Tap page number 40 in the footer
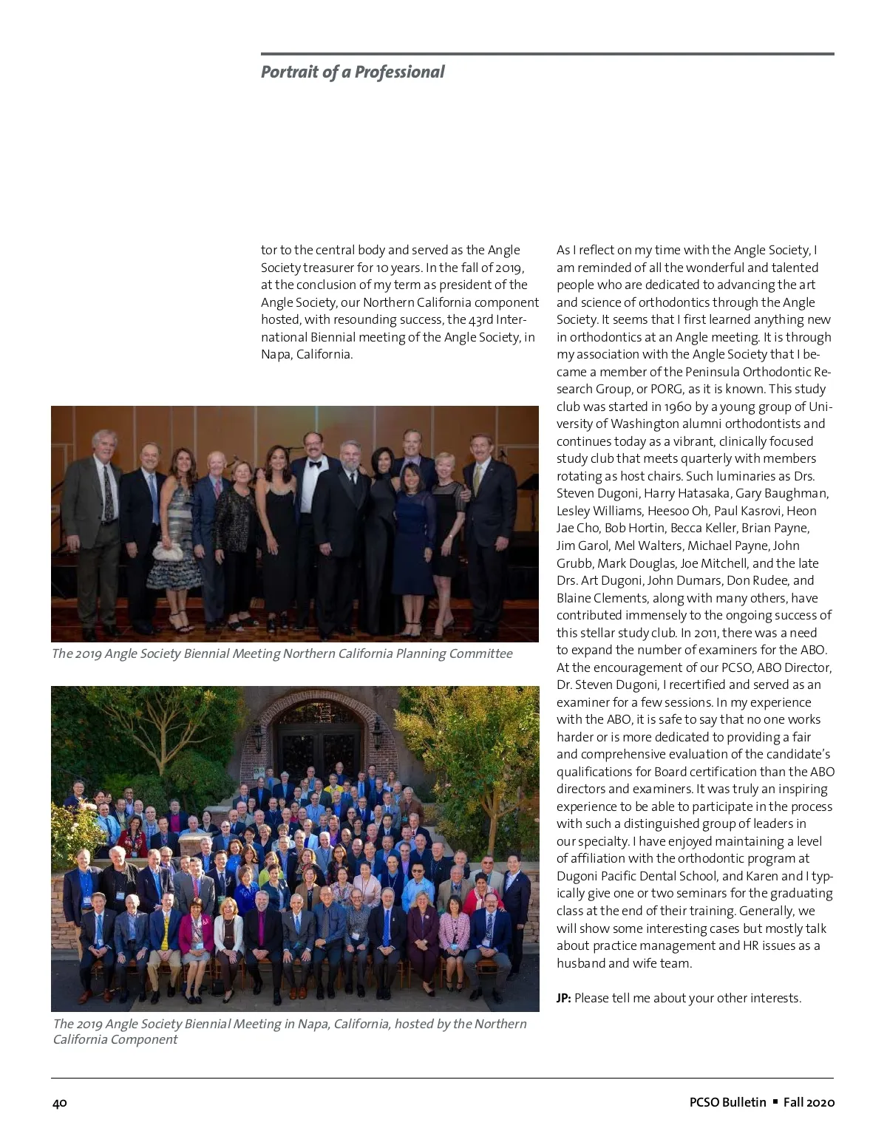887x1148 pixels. click(x=60, y=1102)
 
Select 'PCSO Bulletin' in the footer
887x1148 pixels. click(x=727, y=1102)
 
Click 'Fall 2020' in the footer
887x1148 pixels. click(x=809, y=1102)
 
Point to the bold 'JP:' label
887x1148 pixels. click(x=564, y=998)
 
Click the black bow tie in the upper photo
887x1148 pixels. click(x=313, y=464)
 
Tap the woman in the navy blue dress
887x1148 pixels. click(x=413, y=547)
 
